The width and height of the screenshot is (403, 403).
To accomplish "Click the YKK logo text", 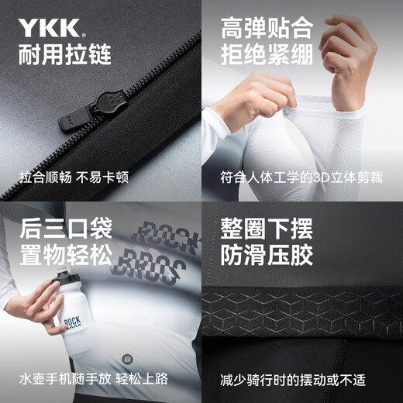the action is [x=49, y=27].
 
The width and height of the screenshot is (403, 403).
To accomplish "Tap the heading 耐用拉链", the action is [x=65, y=55].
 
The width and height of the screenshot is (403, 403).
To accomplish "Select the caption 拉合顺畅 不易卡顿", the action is [x=74, y=177].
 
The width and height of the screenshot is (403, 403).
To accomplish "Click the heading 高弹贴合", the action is [x=267, y=28].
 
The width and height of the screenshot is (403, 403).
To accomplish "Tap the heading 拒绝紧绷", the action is [x=267, y=55].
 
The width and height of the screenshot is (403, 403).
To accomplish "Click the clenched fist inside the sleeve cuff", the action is [x=347, y=56].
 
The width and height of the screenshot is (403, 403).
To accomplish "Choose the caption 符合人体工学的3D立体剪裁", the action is [x=301, y=177].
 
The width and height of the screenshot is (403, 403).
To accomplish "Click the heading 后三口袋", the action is [x=66, y=229].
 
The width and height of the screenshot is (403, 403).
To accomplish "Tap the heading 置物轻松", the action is [x=66, y=255].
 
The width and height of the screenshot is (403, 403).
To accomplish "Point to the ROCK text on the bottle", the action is [x=73, y=322].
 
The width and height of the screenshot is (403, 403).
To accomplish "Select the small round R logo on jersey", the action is [x=127, y=360].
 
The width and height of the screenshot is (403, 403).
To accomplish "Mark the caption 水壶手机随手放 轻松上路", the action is [x=94, y=379].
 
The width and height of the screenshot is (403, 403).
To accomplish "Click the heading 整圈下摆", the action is [x=267, y=229].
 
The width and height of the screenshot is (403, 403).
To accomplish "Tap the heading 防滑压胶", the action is [x=267, y=255].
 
